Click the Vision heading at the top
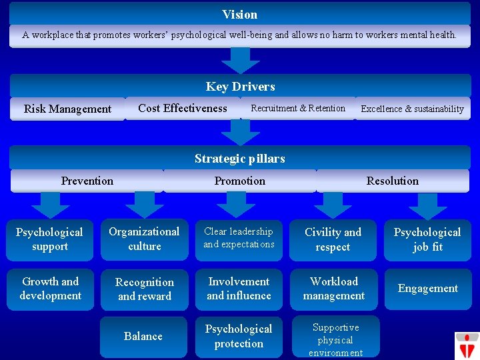point(240,14)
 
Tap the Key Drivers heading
point(240,86)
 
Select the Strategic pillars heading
point(240,158)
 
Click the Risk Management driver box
point(67,109)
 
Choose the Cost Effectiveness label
point(183,108)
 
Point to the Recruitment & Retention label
point(298,108)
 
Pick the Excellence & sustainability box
point(412,109)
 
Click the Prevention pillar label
point(87,181)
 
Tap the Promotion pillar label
point(240,181)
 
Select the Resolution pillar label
point(393,181)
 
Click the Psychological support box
point(50,239)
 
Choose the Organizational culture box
point(145,239)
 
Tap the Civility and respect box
point(333,239)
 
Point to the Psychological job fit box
point(427,239)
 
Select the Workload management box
point(334,289)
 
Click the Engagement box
point(428,289)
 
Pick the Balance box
point(144,337)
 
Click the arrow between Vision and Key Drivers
point(240,60)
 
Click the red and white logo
point(467,345)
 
